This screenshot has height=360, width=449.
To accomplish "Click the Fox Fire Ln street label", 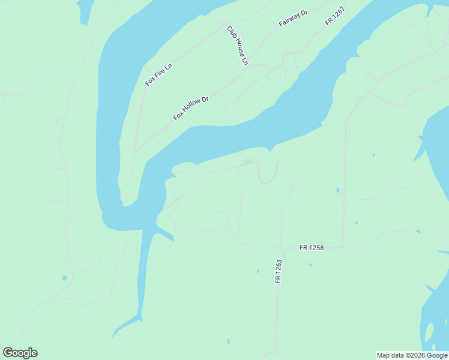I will tap(158, 73).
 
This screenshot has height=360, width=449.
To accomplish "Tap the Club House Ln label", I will tap(237, 45).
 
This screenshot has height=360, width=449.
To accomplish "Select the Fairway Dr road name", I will tap(293, 18).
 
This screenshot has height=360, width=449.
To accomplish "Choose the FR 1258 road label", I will tap(312, 247).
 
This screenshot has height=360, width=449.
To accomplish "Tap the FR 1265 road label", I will tap(279, 271).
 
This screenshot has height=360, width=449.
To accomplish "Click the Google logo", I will tap(20, 353).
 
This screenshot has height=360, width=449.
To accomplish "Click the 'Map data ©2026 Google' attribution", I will tap(412, 355).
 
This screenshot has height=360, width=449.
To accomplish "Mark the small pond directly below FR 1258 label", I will tap(310, 265).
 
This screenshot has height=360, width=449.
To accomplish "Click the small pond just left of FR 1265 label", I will tap(258, 271).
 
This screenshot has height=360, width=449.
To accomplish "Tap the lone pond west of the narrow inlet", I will tap(64, 278).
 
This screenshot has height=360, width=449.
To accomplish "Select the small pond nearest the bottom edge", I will tap(228, 342).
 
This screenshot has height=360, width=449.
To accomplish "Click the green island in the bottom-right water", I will tap(429, 332).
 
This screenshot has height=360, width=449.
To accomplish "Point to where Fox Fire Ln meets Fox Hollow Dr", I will tap(137, 150).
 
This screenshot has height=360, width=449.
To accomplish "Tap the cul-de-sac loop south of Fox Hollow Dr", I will tap(224, 113).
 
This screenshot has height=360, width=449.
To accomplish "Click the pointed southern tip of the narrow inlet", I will tap(113, 337).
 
